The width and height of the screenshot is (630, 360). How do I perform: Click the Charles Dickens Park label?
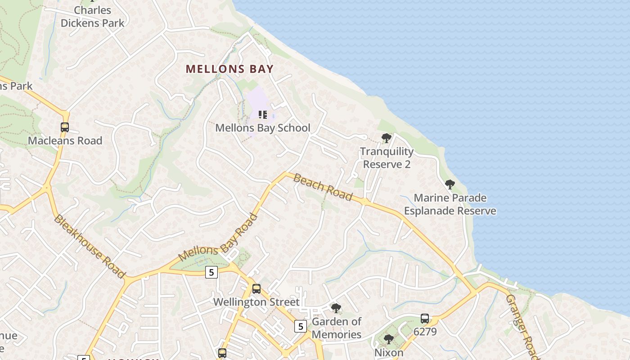[92, 17]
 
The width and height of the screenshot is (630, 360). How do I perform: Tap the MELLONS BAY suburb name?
[229, 69]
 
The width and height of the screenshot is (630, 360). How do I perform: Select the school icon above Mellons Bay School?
[263, 115]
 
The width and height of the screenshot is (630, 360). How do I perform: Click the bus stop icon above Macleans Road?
[65, 127]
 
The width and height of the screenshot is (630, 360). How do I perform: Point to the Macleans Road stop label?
[65, 141]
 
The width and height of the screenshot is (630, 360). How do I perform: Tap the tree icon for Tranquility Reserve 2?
[386, 138]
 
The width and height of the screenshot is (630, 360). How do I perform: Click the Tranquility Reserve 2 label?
[387, 158]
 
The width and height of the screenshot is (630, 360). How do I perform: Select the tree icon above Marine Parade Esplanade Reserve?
[450, 184]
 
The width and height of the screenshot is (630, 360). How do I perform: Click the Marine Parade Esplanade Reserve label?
[450, 204]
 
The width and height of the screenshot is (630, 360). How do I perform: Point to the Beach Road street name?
[323, 187]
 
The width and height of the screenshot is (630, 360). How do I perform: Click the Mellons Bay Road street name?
[218, 238]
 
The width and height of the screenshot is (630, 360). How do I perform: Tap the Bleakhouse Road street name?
[89, 246]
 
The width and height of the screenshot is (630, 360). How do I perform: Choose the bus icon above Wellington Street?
[256, 288]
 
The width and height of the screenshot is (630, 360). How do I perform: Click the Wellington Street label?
[256, 302]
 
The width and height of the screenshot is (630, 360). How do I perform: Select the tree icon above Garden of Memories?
[336, 308]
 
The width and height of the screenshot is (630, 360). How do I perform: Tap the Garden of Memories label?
[337, 328]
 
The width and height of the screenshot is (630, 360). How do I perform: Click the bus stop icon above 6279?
[424, 319]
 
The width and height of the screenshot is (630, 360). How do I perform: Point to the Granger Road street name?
[522, 326]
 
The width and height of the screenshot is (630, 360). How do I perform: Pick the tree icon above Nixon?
[389, 339]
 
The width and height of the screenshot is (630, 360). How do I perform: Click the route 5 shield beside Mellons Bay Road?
[211, 272]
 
